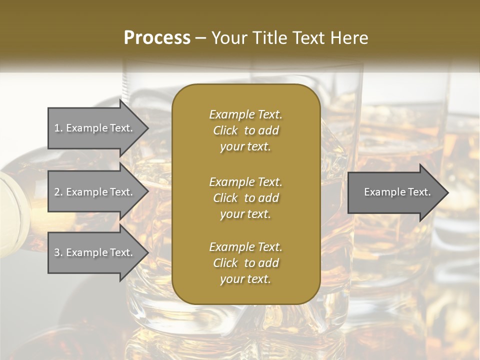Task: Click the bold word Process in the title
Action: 157,38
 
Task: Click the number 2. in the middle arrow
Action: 58,192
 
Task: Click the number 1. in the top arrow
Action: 58,128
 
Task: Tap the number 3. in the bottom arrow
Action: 58,252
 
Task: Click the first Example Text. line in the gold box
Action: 245,114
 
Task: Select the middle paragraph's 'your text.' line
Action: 245,214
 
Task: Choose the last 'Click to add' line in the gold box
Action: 245,263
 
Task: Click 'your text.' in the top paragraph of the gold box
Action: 245,147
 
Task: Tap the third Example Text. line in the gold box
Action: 245,247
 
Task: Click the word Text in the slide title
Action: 304,38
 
